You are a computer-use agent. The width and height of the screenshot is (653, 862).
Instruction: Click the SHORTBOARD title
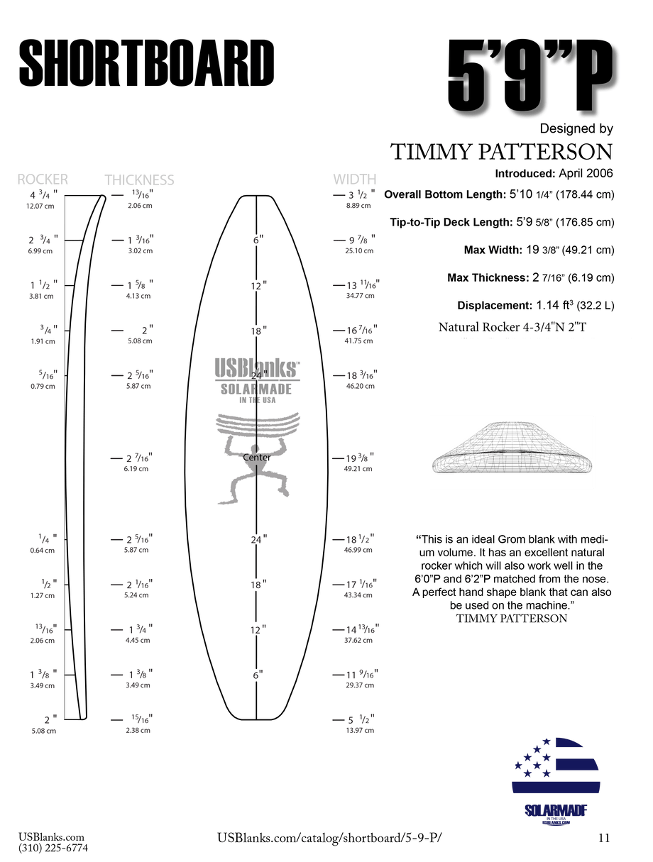click(x=146, y=63)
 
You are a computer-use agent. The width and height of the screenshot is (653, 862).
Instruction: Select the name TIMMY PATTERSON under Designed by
click(x=501, y=151)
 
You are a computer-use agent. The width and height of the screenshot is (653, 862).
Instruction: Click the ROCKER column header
click(x=43, y=179)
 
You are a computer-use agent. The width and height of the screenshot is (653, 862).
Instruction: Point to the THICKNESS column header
click(x=139, y=179)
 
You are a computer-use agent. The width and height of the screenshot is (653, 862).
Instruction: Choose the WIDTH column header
click(x=355, y=179)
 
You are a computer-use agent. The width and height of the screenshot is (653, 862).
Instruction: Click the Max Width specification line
click(x=539, y=250)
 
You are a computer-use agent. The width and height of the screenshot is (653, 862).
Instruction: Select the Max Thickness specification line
click(x=531, y=277)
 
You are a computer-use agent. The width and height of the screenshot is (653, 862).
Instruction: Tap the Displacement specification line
click(x=536, y=305)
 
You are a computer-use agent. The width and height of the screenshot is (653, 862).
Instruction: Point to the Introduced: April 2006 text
click(x=554, y=173)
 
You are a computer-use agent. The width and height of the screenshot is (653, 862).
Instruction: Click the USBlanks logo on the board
click(x=256, y=368)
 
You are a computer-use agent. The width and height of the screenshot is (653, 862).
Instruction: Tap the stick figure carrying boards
click(x=256, y=461)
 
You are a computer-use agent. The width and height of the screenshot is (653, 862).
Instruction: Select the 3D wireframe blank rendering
click(x=510, y=451)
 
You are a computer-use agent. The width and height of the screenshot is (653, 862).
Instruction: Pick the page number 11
click(x=604, y=838)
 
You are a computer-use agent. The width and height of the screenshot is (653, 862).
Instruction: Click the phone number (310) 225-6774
click(x=53, y=847)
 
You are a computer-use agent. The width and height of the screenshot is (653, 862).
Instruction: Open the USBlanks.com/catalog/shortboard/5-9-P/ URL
click(x=333, y=838)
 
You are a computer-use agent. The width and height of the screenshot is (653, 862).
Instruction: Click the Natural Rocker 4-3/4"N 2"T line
click(x=515, y=327)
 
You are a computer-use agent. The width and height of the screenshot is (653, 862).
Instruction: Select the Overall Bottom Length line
click(x=499, y=194)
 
